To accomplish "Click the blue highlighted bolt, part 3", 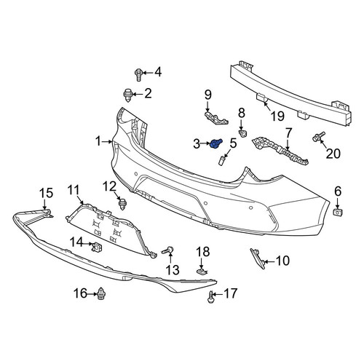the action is click(216, 143).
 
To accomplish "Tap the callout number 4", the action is click(158, 72).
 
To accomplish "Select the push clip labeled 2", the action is click(128, 95).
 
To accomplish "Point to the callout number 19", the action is click(277, 116).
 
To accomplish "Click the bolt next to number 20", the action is click(318, 136).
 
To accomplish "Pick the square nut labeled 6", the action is click(337, 213).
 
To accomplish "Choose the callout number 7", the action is click(288, 133).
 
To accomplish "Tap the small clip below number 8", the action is click(242, 133).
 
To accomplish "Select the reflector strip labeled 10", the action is click(258, 258).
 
